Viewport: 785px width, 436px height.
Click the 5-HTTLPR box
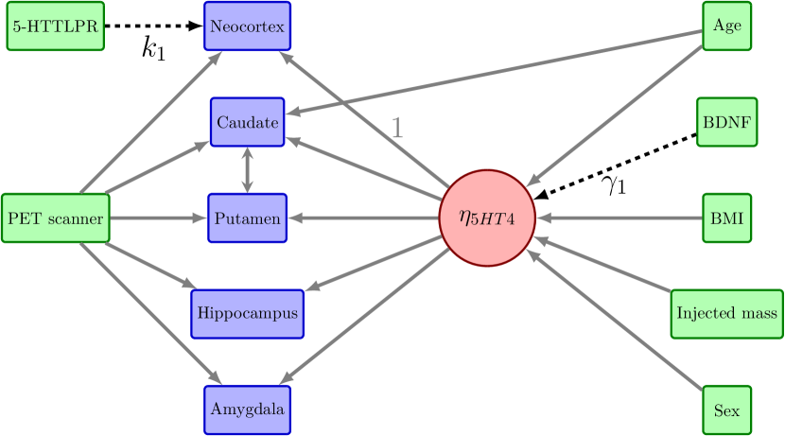click(x=55, y=27)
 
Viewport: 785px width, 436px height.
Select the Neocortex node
click(x=247, y=27)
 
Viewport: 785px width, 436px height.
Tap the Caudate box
click(x=247, y=123)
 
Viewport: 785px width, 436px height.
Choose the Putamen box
click(x=247, y=218)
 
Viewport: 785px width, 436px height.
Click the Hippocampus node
click(x=247, y=314)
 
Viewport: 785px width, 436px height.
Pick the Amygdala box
click(x=247, y=410)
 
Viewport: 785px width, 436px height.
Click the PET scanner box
click(x=55, y=218)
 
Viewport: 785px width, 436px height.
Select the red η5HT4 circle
click(x=488, y=218)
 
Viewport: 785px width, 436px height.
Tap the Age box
click(x=726, y=26)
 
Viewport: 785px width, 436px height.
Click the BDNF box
click(x=726, y=122)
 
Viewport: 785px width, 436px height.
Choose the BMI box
click(x=726, y=218)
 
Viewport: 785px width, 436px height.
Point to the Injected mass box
click(x=726, y=314)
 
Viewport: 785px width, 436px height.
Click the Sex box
click(x=726, y=410)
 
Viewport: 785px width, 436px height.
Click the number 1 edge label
click(x=397, y=129)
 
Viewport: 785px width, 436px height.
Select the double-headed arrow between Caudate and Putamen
click(x=247, y=170)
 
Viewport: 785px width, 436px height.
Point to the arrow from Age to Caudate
click(x=492, y=75)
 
